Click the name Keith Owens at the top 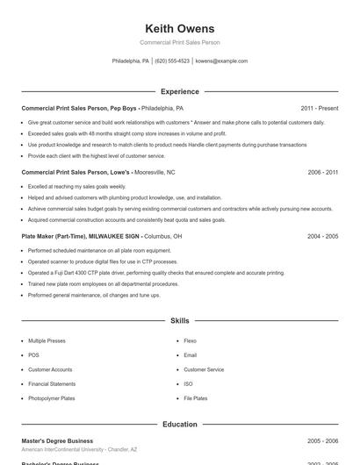[180, 28]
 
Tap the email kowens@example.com [221, 61]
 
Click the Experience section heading [180, 91]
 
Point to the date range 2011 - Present [320, 108]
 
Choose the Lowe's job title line [98, 173]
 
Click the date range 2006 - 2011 [323, 173]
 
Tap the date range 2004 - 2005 [323, 237]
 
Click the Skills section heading [180, 322]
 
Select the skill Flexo [190, 340]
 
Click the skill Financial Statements [51, 384]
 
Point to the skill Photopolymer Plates [51, 398]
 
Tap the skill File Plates [195, 398]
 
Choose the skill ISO [188, 384]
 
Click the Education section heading [180, 425]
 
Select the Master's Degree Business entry [57, 440]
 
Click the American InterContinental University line [79, 449]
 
